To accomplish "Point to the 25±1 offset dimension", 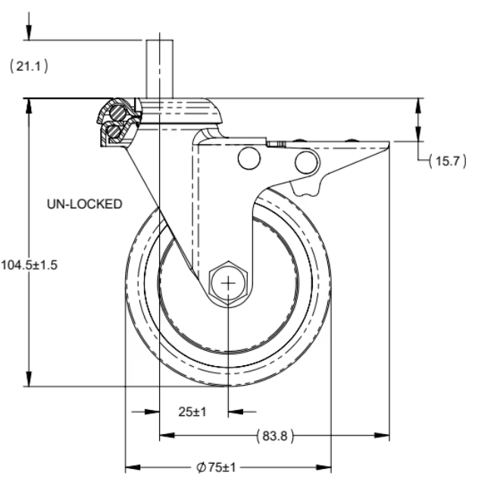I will click(x=193, y=411).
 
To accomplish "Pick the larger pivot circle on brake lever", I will click(x=305, y=161).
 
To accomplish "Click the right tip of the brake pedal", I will click(x=388, y=145).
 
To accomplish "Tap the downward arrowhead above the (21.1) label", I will click(x=29, y=33).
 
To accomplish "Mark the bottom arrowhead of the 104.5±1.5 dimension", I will click(x=29, y=382).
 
